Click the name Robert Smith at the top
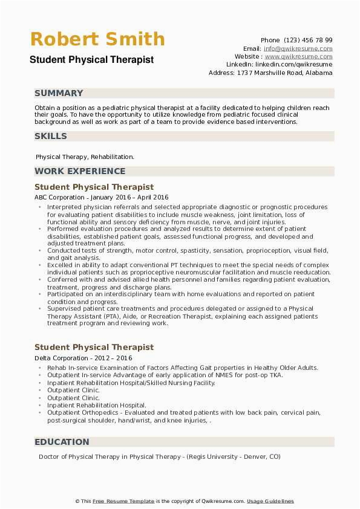point(97,39)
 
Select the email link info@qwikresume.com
point(298,48)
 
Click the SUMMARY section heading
point(59,93)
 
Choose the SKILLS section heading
point(51,137)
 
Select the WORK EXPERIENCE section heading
point(80,171)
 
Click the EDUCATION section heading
point(62,442)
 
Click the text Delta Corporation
point(59,358)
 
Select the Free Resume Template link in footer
point(124,501)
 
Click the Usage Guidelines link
point(270,501)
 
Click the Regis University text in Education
point(217,457)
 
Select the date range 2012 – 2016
point(114,358)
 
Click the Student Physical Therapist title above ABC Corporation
point(94,187)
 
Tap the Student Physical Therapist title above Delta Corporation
point(94,348)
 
